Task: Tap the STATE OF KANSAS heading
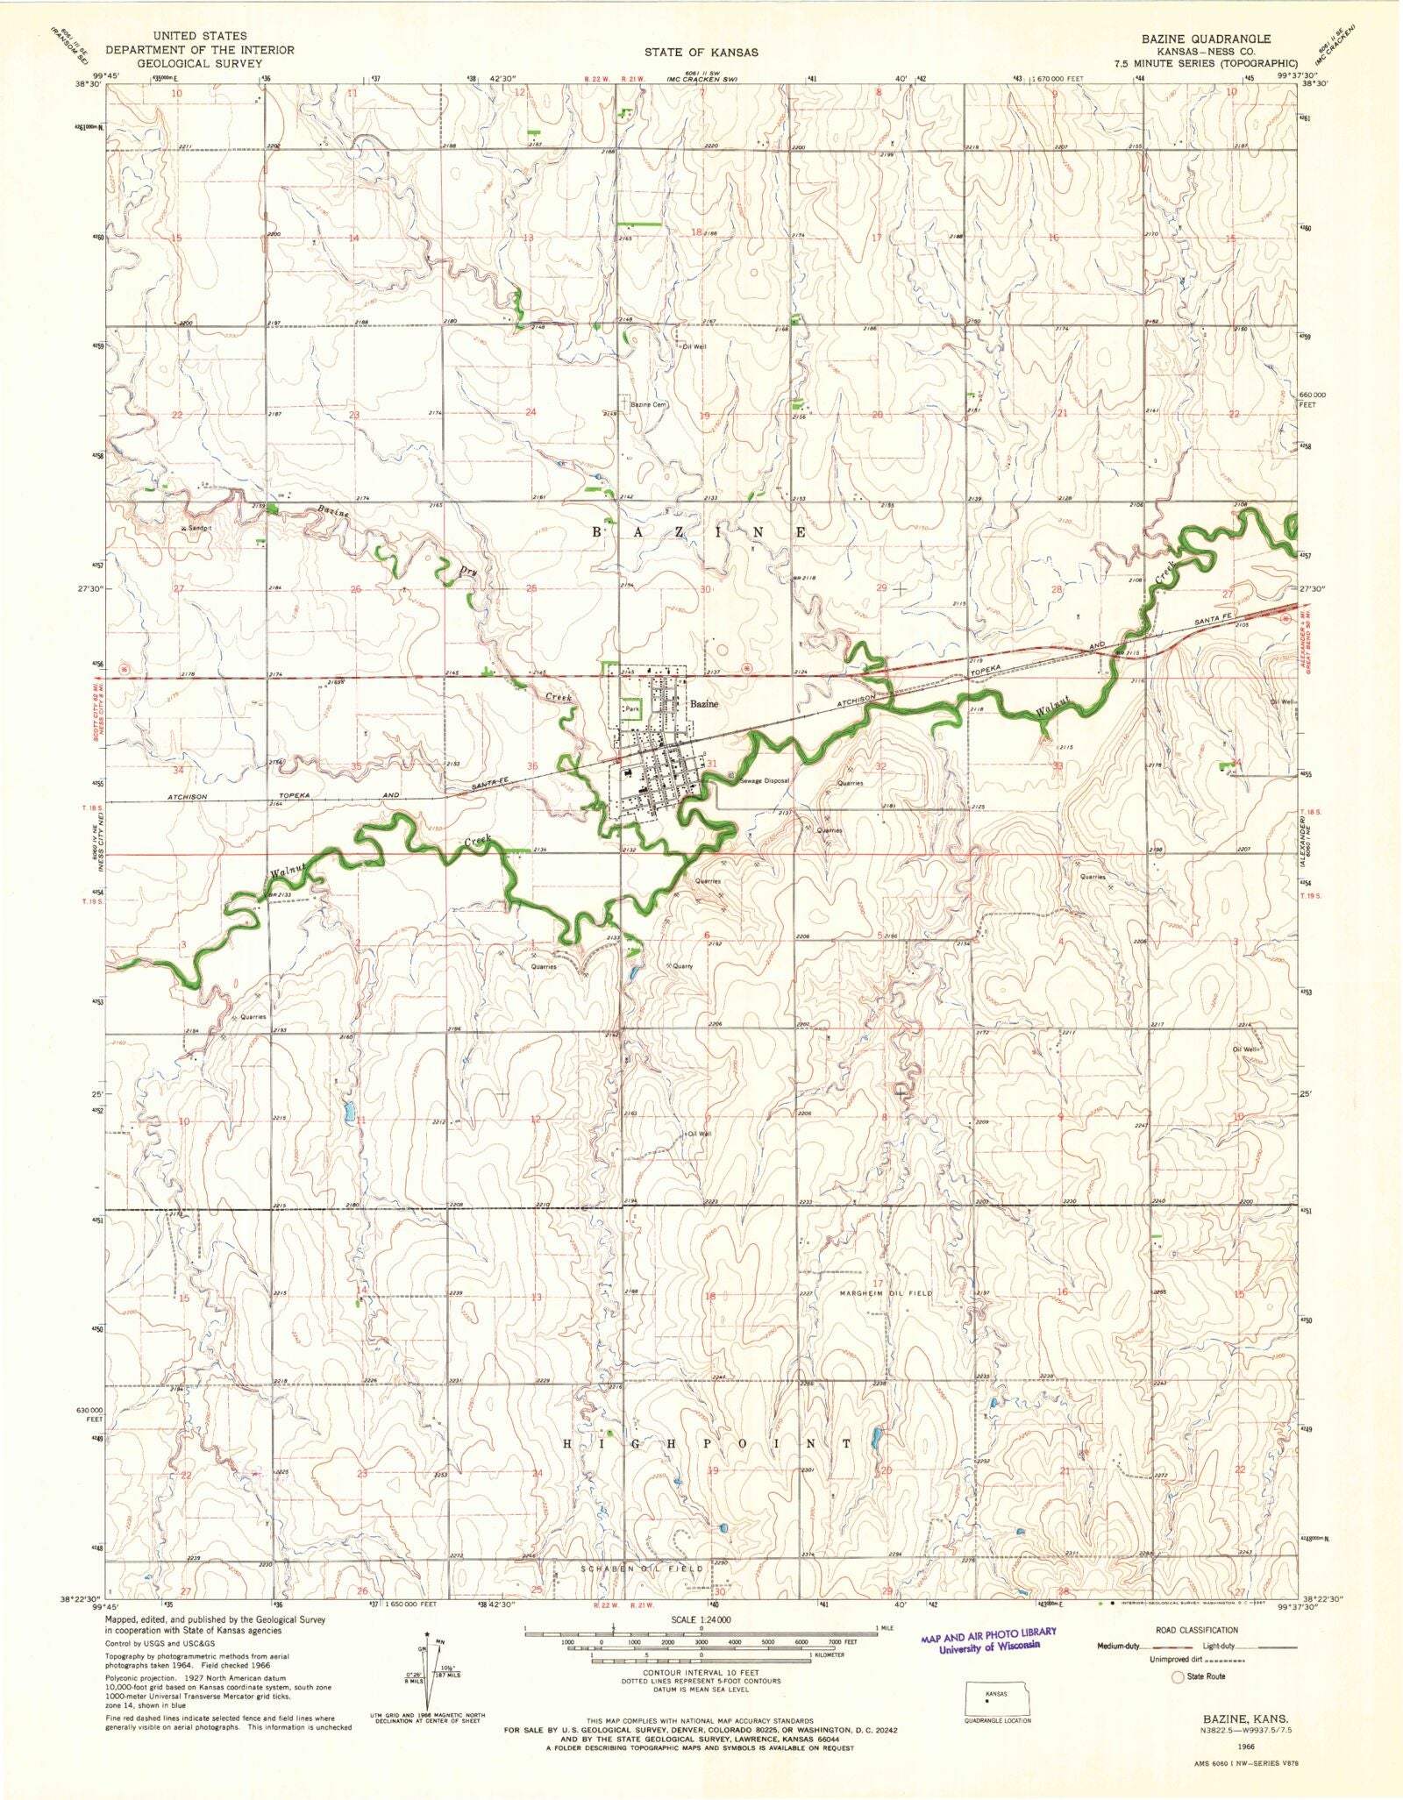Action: coord(701,53)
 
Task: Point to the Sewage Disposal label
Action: coord(765,780)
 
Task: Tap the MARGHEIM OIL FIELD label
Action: coord(885,1293)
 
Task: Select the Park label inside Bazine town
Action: coord(631,708)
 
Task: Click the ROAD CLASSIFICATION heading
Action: coord(1197,1630)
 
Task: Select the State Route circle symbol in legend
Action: coord(1178,1676)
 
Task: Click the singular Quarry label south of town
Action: coord(682,966)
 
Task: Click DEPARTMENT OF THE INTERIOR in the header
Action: coord(200,50)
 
